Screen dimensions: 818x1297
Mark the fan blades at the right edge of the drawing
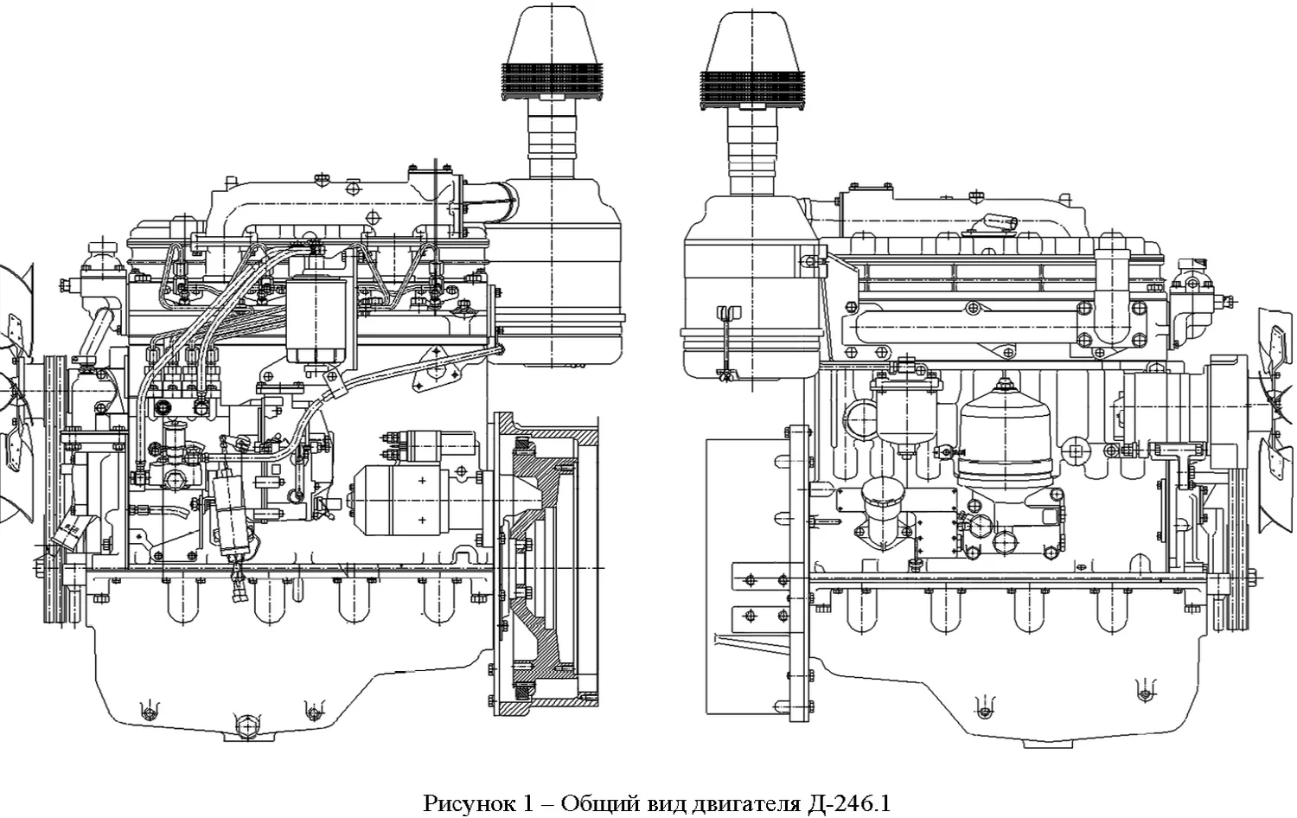click(x=1277, y=389)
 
